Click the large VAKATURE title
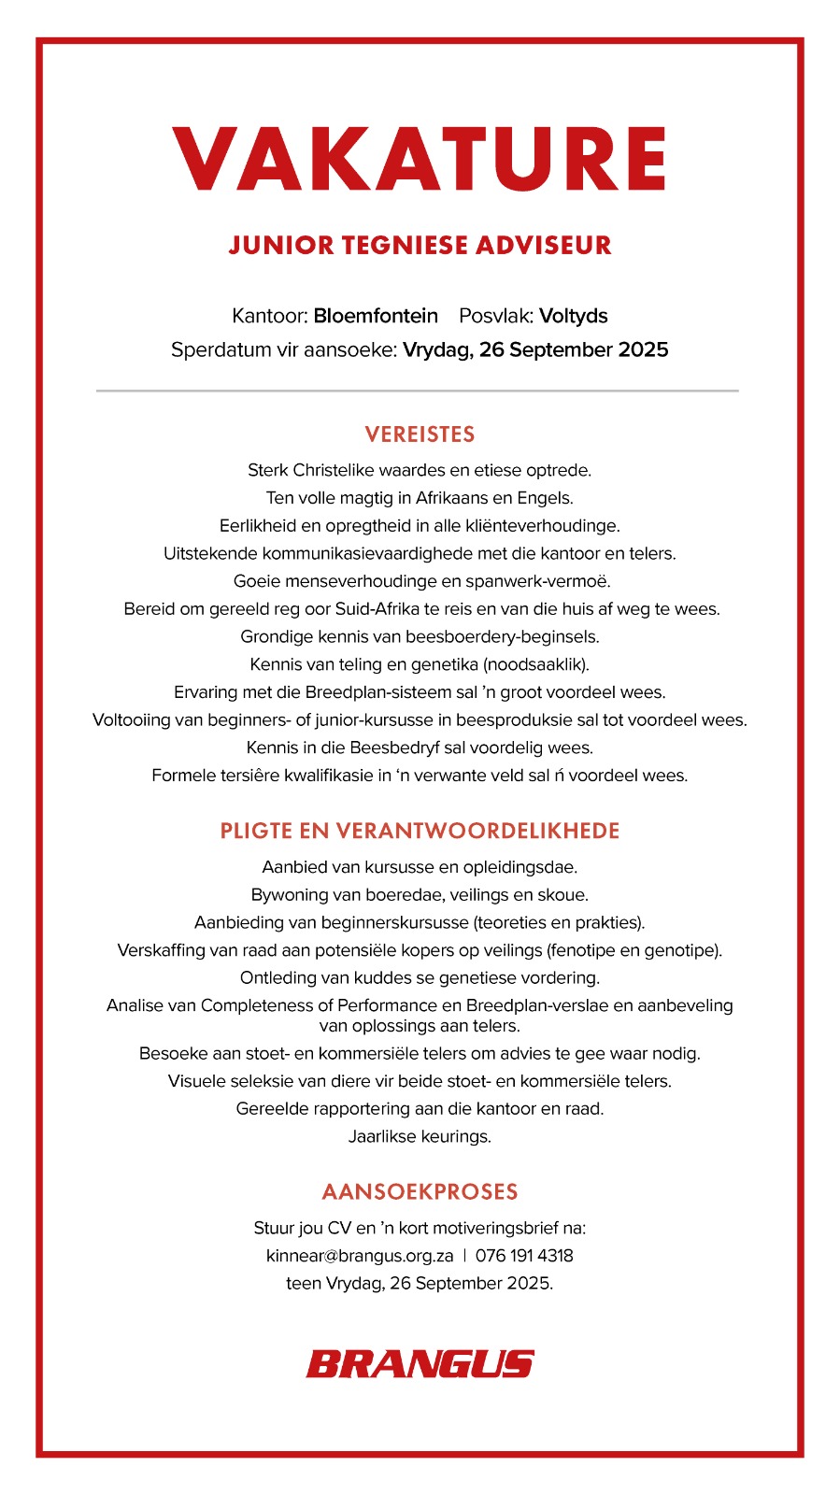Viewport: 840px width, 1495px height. click(420, 159)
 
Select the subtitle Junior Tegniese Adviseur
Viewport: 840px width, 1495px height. click(420, 245)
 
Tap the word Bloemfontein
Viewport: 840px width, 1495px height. click(376, 316)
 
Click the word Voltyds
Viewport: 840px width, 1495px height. click(574, 316)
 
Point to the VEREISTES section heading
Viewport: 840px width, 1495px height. click(420, 434)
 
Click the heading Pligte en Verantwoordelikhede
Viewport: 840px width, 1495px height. click(420, 831)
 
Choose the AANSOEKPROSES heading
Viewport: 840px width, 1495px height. click(420, 1191)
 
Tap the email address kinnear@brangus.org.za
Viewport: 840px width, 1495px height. click(360, 1256)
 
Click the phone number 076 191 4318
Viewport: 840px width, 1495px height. click(524, 1256)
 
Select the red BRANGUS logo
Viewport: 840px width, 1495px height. click(420, 1364)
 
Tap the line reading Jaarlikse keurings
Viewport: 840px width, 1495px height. click(420, 1137)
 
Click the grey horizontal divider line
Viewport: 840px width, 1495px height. click(417, 391)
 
